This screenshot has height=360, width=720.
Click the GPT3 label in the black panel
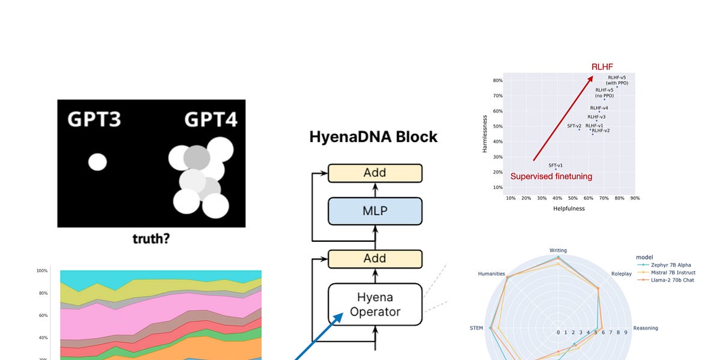94,120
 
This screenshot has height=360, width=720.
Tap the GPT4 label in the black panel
210,120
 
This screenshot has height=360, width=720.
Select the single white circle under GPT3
97,162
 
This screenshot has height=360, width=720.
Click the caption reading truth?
151,239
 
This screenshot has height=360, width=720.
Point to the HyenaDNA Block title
373,137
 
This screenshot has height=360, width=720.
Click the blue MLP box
375,211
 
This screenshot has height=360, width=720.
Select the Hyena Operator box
375,304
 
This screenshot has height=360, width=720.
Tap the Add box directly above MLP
375,173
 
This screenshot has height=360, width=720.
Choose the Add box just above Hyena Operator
375,259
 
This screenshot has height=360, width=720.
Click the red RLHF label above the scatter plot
602,67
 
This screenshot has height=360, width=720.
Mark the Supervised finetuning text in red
551,176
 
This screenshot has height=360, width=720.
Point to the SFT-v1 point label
556,165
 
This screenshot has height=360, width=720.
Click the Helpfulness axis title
569,209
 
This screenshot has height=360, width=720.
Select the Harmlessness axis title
485,135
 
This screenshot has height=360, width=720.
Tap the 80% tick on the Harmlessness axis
497,80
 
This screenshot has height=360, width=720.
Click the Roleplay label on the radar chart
621,274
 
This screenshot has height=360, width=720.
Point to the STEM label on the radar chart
476,328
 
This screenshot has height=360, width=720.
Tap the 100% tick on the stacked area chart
42,271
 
